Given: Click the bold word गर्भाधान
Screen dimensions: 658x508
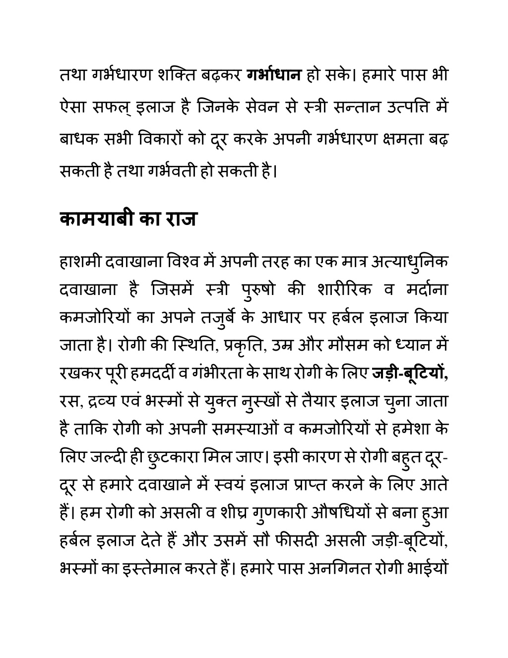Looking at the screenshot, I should [x=274, y=76].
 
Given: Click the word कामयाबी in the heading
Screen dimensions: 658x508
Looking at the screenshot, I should [x=96, y=219].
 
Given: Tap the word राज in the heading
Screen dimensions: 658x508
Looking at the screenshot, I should [x=179, y=219].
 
